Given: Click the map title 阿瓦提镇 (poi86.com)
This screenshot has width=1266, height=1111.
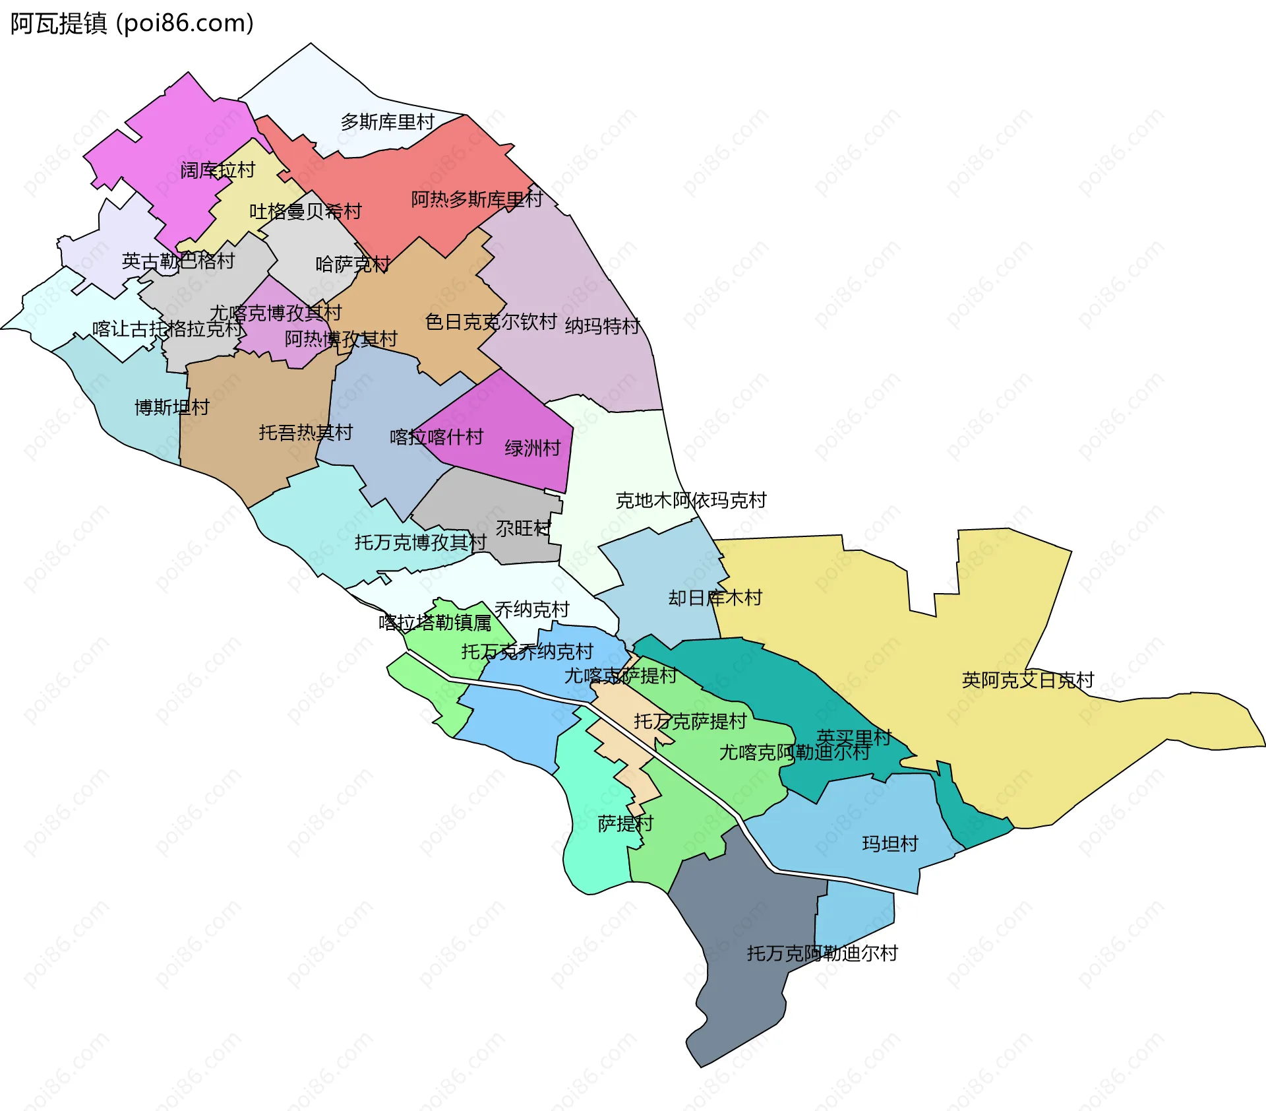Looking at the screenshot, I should [x=132, y=24].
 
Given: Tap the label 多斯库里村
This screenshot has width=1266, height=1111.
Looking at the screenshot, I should [x=388, y=122].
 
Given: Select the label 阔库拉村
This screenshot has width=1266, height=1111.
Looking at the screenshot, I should [x=218, y=170].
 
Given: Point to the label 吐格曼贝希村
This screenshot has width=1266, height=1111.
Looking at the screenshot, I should [x=305, y=212].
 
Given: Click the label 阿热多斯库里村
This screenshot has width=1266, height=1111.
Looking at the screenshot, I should [x=477, y=199].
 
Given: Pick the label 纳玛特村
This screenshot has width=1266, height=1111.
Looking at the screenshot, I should [x=603, y=326].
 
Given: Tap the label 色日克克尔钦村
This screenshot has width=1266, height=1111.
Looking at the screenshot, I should [x=491, y=322].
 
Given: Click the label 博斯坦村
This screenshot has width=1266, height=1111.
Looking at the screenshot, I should [x=172, y=407].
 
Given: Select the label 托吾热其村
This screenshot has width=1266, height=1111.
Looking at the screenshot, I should [x=306, y=433].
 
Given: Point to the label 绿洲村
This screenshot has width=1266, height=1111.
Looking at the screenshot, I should [x=533, y=449].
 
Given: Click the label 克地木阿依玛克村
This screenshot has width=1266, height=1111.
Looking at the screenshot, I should [x=691, y=501].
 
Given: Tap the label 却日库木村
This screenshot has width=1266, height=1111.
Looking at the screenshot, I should [x=715, y=598].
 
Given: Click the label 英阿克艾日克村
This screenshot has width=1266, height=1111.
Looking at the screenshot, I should [x=1028, y=680].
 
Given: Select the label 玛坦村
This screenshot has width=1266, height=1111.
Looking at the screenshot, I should [x=890, y=844].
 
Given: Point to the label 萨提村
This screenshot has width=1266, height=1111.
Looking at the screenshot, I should [x=625, y=823].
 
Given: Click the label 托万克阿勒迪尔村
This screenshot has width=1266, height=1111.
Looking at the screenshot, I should [x=822, y=953].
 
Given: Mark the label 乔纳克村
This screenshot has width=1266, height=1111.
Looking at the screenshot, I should [x=532, y=610].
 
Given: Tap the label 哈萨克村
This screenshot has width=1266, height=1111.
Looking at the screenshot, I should [x=353, y=265].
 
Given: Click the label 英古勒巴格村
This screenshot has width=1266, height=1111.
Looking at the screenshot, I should [x=178, y=261].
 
